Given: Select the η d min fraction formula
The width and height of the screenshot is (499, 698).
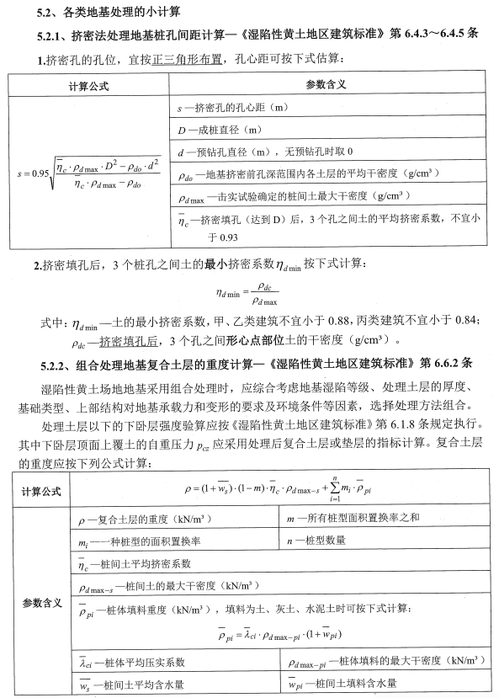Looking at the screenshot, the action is pos(250,293).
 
